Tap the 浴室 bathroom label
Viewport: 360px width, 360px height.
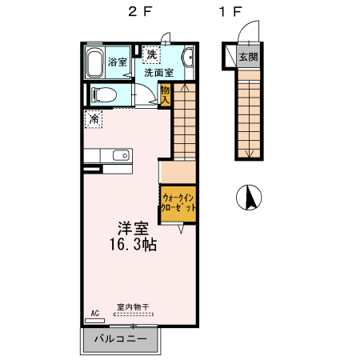tap(118, 62)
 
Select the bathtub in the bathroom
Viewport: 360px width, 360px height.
tap(94, 62)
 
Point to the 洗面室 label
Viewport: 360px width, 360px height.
tap(159, 72)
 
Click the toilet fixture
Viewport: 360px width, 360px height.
tap(104, 94)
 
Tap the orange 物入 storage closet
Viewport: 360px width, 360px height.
tap(166, 96)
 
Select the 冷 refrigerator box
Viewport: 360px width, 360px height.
tap(94, 119)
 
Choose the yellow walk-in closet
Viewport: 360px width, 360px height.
tap(177, 202)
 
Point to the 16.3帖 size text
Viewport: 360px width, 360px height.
tap(133, 245)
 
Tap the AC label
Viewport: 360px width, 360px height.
tap(94, 313)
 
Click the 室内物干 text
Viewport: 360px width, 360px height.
tap(132, 306)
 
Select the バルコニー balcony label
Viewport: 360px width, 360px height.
tap(120, 339)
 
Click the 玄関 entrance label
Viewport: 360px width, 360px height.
tap(248, 58)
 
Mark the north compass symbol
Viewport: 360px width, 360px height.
tap(248, 197)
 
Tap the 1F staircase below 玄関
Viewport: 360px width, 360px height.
tap(248, 116)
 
